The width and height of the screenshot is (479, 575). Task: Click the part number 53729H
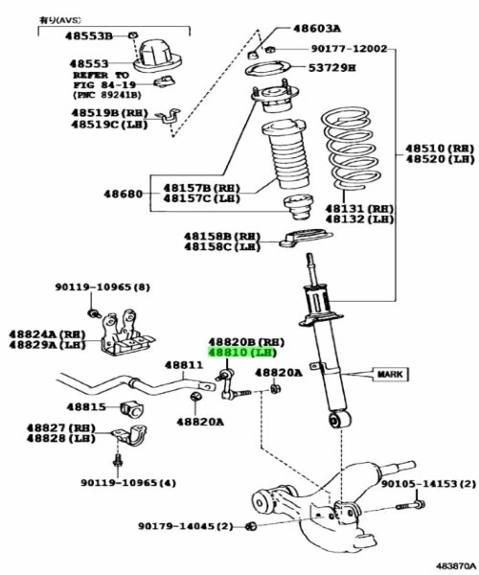pos(331,68)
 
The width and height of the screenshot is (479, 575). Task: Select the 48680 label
pos(124,194)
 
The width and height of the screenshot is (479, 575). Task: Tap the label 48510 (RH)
pos(439,149)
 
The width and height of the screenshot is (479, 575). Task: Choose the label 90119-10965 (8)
pos(102,287)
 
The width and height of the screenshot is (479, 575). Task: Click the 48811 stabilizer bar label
pos(183,365)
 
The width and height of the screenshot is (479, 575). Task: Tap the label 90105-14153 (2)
pos(428,485)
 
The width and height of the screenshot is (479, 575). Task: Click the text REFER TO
pos(102,74)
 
